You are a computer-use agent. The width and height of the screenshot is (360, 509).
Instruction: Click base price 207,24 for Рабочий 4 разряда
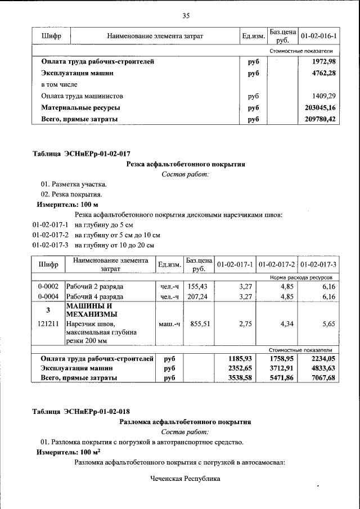click(x=198, y=296)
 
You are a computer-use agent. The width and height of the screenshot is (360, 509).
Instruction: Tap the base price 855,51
click(x=198, y=324)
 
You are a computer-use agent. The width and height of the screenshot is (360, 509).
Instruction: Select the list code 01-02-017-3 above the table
click(x=50, y=245)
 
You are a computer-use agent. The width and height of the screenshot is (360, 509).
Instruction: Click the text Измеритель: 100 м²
click(x=68, y=452)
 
